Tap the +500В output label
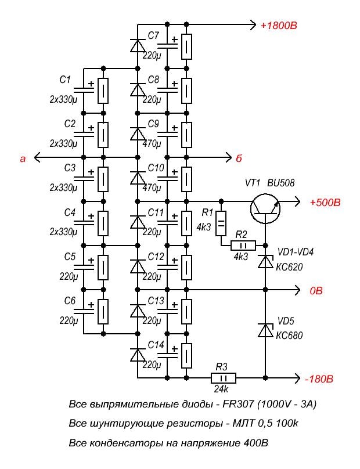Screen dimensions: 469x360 [x=325, y=203]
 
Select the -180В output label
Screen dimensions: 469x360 [x=318, y=381]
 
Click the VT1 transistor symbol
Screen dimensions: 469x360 [x=266, y=207]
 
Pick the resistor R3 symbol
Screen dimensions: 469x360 [x=222, y=378]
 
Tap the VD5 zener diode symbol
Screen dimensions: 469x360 [x=265, y=331]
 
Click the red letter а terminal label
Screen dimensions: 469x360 [x=23, y=157]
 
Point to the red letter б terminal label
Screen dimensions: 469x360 [x=238, y=158]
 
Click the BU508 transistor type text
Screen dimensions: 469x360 [x=280, y=183]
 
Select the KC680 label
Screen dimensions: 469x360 [x=290, y=335]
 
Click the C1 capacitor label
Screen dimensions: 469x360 [x=65, y=79]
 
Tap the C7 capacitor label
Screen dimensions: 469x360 [x=153, y=35]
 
